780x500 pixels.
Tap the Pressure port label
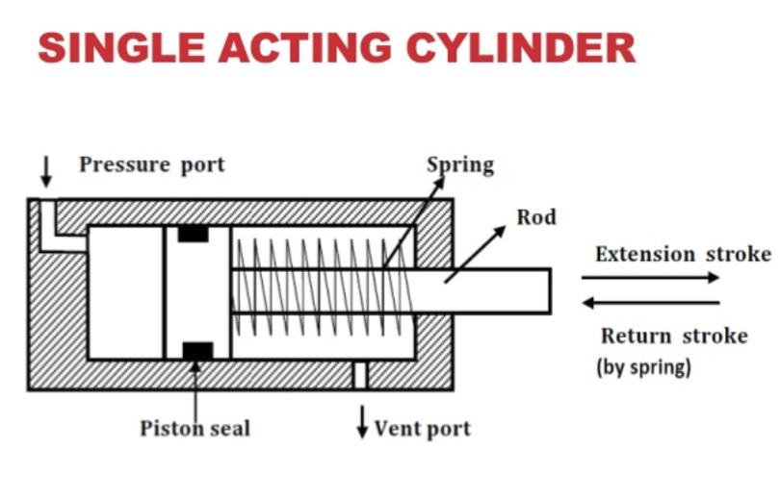[x=151, y=164]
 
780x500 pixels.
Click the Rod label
[x=536, y=217]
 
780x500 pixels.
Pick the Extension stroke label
[x=683, y=254]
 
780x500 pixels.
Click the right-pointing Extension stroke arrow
[x=650, y=278]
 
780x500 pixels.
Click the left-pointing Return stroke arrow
[x=650, y=303]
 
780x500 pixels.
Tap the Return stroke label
[x=674, y=337]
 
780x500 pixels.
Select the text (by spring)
[x=643, y=366]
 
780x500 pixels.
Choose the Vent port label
[x=422, y=428]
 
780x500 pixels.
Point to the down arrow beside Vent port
[x=363, y=421]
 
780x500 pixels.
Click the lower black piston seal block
[x=197, y=351]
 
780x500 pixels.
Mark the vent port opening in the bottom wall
[x=360, y=375]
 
